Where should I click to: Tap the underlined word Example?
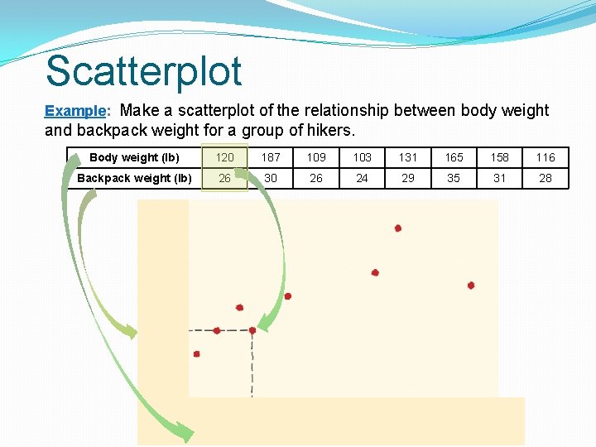coord(75,110)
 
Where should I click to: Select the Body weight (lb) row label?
coord(134,157)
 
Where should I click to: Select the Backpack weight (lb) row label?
coord(134,178)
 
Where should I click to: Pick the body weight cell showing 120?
coord(225,157)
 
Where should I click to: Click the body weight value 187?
coord(271,157)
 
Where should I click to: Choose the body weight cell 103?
coord(362,157)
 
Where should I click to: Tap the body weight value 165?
coord(454,157)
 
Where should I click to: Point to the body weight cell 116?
coord(545,157)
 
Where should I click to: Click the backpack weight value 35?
coord(454,178)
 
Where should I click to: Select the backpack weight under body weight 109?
coord(316,178)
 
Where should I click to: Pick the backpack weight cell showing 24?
coord(362,178)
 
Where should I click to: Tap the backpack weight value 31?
coord(499,178)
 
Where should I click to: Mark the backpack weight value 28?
coord(545,178)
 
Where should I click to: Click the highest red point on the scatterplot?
coord(398,228)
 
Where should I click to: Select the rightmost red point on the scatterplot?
coord(471,285)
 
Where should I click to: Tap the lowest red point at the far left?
coord(197,353)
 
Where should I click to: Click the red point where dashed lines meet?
coord(252,330)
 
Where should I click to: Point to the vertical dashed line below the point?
coord(252,364)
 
